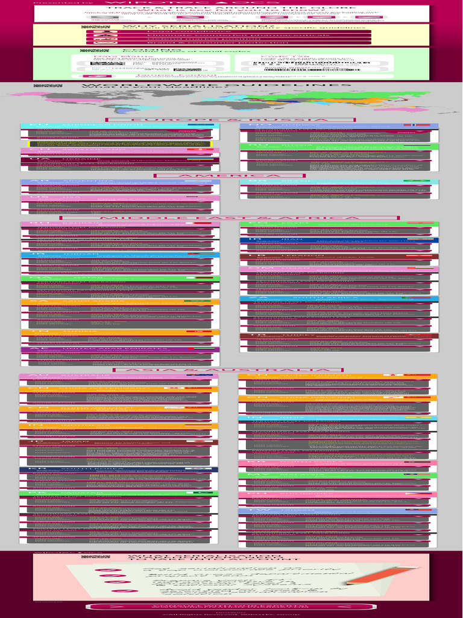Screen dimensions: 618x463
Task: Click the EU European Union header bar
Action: tap(116, 126)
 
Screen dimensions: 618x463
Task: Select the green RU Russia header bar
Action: tap(339, 145)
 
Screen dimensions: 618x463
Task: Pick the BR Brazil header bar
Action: tap(339, 181)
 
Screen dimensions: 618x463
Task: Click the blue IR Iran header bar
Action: tap(339, 240)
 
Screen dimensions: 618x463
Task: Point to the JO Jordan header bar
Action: tap(120, 254)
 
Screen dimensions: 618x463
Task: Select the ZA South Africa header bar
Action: tap(339, 299)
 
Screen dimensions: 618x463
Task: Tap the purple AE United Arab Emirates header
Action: tap(120, 349)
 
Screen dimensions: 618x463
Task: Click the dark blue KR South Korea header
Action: tap(116, 469)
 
